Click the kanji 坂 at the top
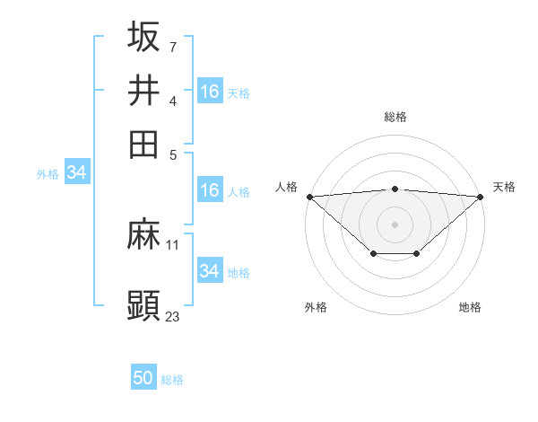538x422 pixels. click(x=143, y=37)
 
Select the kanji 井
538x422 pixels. click(x=143, y=91)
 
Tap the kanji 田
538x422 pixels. click(x=143, y=144)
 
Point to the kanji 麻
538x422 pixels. click(x=143, y=236)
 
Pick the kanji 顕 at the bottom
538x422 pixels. click(x=143, y=305)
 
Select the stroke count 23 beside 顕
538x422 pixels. click(x=173, y=315)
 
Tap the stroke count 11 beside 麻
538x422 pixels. click(x=173, y=244)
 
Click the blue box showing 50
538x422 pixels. click(x=143, y=379)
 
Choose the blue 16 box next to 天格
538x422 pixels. click(x=209, y=91)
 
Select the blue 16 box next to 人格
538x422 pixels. click(x=209, y=190)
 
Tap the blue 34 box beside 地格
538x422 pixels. click(x=209, y=271)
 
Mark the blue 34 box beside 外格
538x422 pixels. click(x=76, y=173)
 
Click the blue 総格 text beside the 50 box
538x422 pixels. click(x=172, y=380)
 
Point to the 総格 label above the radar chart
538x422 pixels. click(x=395, y=117)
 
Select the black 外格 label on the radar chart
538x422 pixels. click(x=316, y=307)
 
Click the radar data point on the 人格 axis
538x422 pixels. click(x=309, y=197)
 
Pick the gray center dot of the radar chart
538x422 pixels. click(x=395, y=224)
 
